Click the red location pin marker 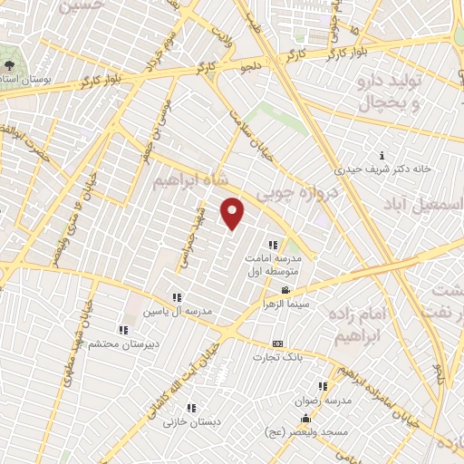click(234, 213)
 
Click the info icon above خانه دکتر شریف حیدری click(382, 155)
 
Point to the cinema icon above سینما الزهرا click(286, 291)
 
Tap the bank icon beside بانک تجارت click(277, 343)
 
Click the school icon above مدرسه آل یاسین click(177, 297)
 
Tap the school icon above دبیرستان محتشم click(123, 329)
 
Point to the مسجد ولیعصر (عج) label click(314, 432)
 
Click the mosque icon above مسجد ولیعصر click(305, 419)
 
